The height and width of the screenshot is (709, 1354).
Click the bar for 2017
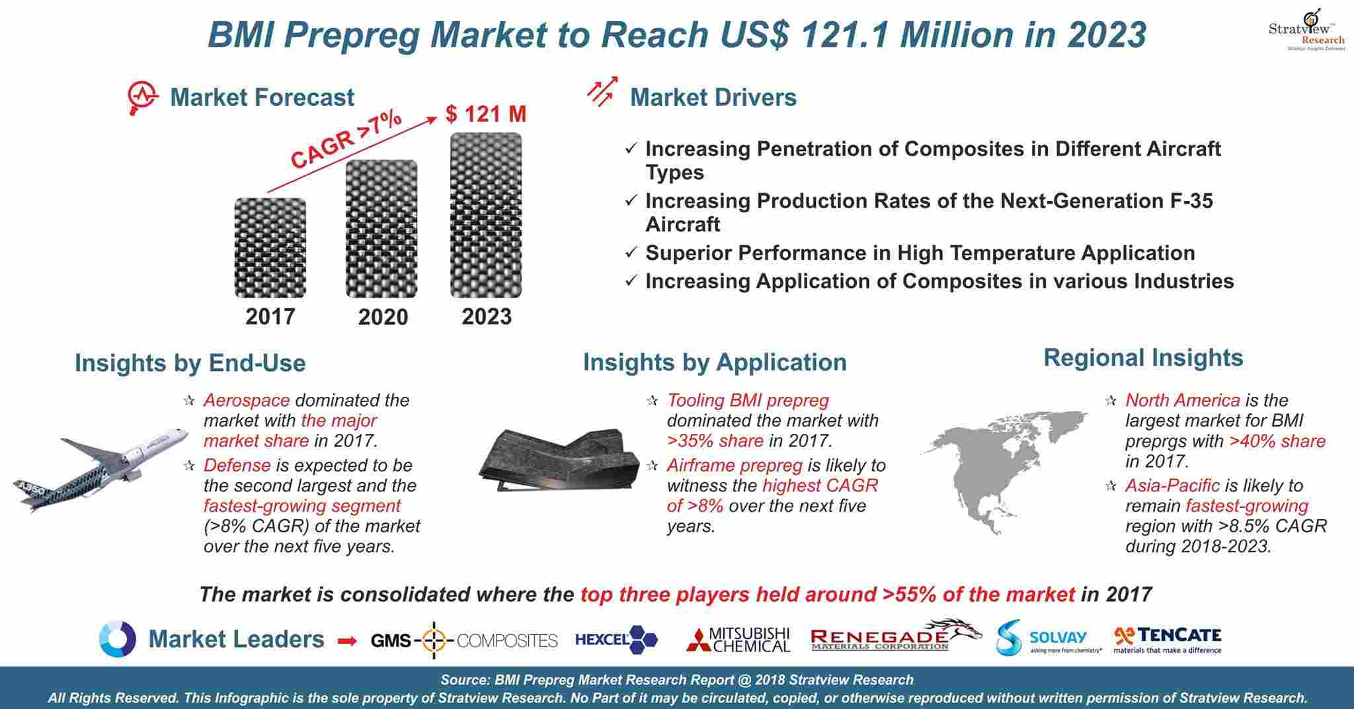tap(270, 247)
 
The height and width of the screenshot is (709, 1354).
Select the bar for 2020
tap(381, 229)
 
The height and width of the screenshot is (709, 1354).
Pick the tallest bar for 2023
tap(486, 215)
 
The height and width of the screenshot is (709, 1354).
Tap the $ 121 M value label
tap(486, 114)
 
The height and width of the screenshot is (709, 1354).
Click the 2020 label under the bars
tap(383, 317)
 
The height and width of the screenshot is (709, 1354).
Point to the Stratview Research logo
tap(1306, 29)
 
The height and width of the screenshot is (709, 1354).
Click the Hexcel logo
tap(616, 639)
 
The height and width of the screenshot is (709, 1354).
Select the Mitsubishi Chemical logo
tap(738, 639)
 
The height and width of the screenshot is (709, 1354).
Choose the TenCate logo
tap(1168, 640)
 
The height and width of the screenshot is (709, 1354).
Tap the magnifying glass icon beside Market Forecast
tap(142, 99)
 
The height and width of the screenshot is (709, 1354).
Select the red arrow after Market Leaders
tap(347, 640)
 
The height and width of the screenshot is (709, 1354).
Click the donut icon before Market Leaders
tap(118, 639)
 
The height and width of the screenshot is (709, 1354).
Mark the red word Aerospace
tap(247, 400)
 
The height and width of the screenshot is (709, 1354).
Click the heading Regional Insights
tap(1143, 358)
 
